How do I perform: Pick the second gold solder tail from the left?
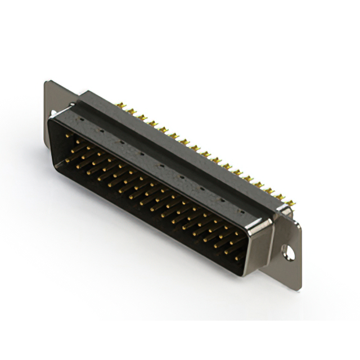130,111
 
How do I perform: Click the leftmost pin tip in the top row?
67,135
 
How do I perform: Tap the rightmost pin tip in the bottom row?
236,258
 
